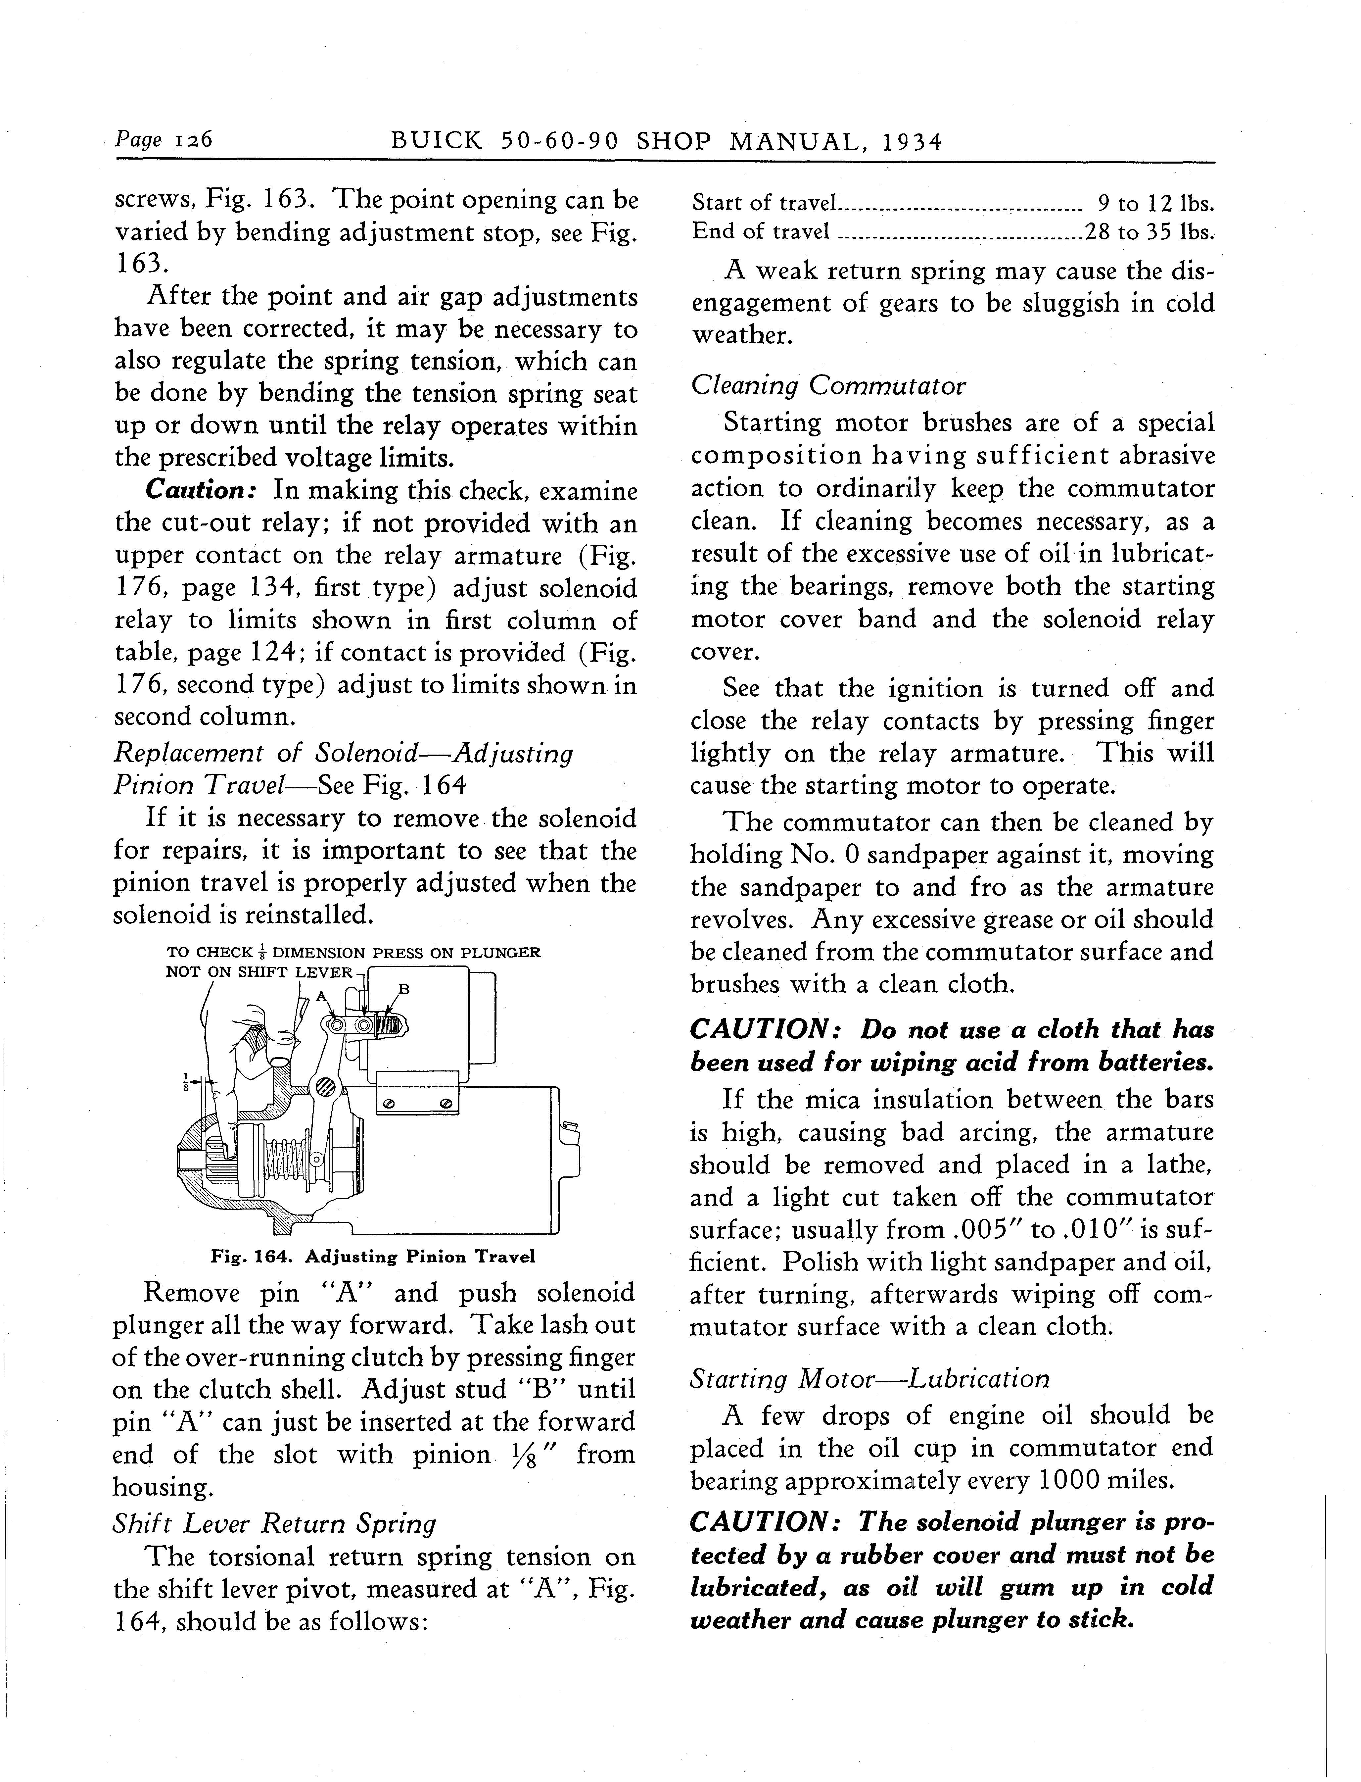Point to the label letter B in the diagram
(403, 988)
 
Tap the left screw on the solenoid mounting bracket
(389, 1104)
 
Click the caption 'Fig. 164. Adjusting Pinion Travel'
(373, 1257)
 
